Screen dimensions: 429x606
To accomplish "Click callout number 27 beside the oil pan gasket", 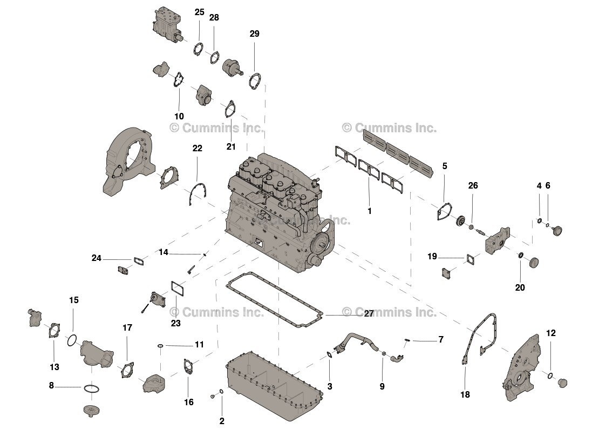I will [x=369, y=313].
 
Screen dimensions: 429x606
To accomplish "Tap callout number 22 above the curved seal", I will [x=198, y=148].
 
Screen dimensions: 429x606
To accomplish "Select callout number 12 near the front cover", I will [x=550, y=333].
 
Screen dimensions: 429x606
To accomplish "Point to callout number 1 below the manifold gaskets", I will [x=370, y=211].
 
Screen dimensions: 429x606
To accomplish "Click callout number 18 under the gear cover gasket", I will [x=465, y=394].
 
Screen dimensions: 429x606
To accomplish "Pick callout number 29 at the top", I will [x=254, y=33].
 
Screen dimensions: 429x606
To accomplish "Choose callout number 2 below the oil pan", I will [x=222, y=421].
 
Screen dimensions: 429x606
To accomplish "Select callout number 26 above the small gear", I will [x=473, y=186].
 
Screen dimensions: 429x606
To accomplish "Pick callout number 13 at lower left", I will [x=55, y=367].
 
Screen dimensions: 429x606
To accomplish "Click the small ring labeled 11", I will [x=161, y=345].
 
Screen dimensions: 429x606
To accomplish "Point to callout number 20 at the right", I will [x=520, y=287].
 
